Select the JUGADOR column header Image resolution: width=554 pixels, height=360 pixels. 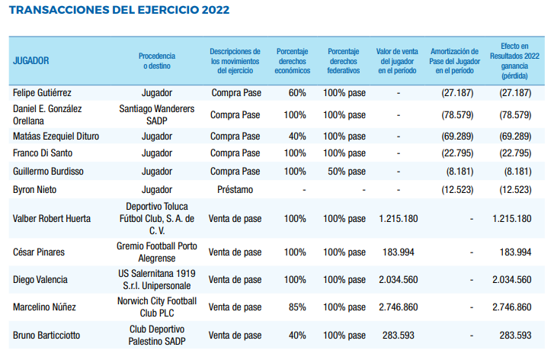(x=32, y=60)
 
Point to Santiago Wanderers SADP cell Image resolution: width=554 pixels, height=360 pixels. (x=157, y=114)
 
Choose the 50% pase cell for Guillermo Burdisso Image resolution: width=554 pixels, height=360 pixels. (x=344, y=172)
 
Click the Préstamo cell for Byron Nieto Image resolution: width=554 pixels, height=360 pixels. (x=235, y=189)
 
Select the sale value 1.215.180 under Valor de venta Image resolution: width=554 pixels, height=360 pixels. (x=399, y=219)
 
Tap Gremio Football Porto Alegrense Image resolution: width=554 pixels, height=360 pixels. (x=157, y=252)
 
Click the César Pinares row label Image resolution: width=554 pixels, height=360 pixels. (x=39, y=252)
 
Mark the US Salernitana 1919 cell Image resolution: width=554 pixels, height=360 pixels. (x=157, y=279)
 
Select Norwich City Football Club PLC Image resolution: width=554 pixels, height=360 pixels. (x=157, y=307)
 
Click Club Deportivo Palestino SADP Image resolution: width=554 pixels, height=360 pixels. (x=157, y=334)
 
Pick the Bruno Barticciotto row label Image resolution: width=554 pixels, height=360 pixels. (x=47, y=334)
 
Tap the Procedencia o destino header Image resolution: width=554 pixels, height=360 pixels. (x=157, y=60)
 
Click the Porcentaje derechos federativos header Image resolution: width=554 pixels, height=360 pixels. (x=344, y=60)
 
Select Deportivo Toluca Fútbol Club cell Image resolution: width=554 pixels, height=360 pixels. (x=157, y=219)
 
